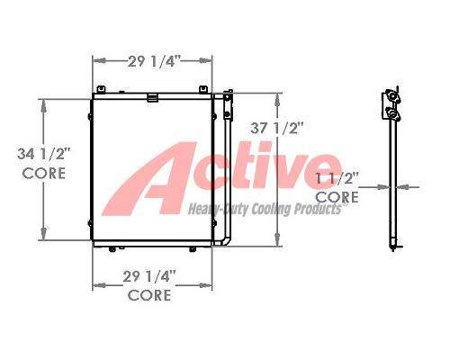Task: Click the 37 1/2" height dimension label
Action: pyautogui.click(x=274, y=129)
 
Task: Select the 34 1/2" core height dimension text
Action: pyautogui.click(x=43, y=154)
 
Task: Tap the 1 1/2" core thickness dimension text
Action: pyautogui.click(x=337, y=179)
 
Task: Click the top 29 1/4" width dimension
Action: pyautogui.click(x=154, y=62)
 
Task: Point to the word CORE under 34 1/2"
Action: pyautogui.click(x=44, y=174)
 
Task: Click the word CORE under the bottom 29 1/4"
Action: pyautogui.click(x=149, y=295)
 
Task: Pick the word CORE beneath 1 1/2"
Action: pyautogui.click(x=337, y=197)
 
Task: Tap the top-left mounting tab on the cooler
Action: pyautogui.click(x=101, y=89)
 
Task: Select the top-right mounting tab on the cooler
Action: pyautogui.click(x=203, y=89)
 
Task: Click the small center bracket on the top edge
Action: pyautogui.click(x=153, y=98)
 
